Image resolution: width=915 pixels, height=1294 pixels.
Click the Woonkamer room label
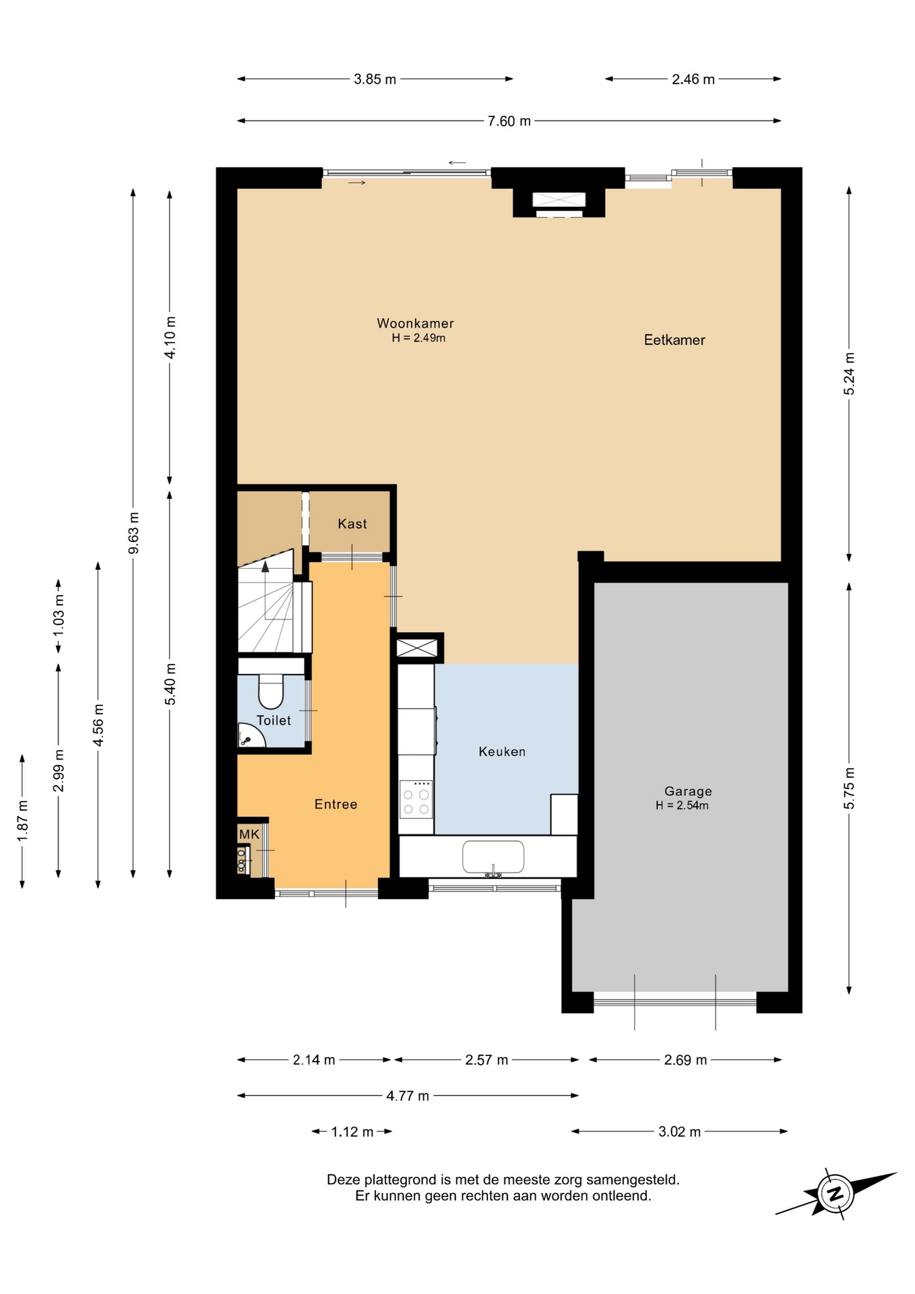[x=415, y=323]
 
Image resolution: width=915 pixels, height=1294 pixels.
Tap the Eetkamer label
[x=674, y=340]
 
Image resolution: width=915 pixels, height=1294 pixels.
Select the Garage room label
[x=688, y=791]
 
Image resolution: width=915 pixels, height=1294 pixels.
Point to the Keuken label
[x=502, y=751]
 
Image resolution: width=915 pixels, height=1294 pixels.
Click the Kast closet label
[x=352, y=524]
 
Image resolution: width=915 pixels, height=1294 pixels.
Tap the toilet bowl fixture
[x=272, y=691]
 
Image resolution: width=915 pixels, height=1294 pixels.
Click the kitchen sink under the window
[x=493, y=857]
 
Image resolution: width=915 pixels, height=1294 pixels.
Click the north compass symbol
[x=836, y=1194]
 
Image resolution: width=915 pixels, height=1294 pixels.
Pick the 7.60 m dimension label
[x=509, y=121]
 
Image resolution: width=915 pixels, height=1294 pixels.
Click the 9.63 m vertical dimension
[x=133, y=532]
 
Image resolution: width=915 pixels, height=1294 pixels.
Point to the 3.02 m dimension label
[x=679, y=1132]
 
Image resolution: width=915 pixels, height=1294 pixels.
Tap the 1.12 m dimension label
[x=352, y=1132]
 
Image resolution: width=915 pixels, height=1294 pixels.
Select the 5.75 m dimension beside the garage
[x=849, y=788]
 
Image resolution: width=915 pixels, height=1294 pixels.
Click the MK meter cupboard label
[x=249, y=834]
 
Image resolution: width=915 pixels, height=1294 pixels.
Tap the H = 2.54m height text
[x=682, y=805]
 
